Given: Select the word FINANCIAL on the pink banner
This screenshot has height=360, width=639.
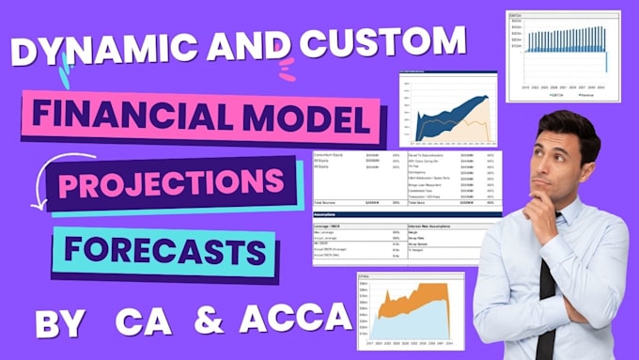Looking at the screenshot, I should pos(128,117).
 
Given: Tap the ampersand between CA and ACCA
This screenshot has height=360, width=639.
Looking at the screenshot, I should pos(209,319).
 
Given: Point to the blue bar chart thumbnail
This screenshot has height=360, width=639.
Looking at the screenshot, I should pos(563,55).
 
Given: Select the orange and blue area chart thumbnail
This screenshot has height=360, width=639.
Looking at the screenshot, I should pos(410,306).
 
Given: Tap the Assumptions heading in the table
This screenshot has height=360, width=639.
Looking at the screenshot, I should pos(326,214).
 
